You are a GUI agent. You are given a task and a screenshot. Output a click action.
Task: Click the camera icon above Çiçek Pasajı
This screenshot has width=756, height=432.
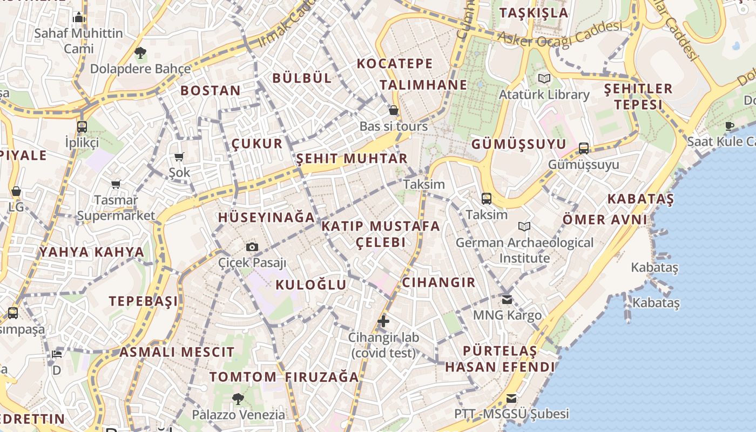point(252,247)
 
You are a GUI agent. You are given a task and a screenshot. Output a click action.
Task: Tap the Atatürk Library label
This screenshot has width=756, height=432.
point(544,94)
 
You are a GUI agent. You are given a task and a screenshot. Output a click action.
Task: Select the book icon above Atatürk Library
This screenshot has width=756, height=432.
point(544,79)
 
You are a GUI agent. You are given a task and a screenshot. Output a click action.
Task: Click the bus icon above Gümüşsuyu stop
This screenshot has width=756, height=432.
point(583,148)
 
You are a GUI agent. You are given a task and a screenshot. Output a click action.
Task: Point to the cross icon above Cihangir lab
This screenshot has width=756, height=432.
point(383,321)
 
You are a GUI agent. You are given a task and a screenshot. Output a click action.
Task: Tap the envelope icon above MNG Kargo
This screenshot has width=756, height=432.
point(507,299)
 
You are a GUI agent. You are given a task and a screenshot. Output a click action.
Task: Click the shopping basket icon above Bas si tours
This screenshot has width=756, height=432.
point(394,111)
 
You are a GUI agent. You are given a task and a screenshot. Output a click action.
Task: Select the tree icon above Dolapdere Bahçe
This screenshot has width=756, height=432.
point(140,53)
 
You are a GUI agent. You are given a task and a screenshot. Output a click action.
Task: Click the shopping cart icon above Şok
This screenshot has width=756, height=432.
point(179,157)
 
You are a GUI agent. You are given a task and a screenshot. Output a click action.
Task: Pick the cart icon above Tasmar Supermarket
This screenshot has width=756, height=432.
point(116,185)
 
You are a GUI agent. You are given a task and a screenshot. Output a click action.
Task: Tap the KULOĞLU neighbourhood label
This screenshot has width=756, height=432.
point(311,285)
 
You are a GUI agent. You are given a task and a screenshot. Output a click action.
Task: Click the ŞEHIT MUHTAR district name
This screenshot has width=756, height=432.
point(352,159)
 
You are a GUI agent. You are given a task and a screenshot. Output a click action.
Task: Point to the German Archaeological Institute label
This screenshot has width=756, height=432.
point(524,250)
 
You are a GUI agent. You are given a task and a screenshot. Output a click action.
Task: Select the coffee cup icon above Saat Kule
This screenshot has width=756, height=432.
point(730,126)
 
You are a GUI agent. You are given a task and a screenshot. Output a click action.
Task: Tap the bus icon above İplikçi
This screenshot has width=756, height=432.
point(82,127)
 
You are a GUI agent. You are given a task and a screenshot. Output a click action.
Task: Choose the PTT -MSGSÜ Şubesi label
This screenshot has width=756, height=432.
point(511,414)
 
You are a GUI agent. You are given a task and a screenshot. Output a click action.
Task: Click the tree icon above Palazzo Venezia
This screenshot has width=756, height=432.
point(238,399)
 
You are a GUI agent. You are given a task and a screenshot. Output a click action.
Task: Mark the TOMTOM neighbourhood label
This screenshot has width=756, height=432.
point(243,377)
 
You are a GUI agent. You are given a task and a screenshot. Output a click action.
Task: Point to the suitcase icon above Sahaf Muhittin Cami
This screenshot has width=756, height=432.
point(79,17)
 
